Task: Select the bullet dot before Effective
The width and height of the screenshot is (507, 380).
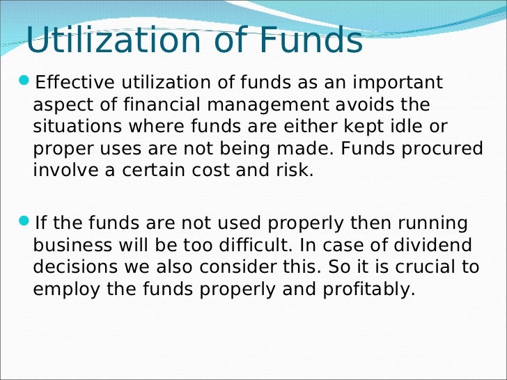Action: coord(26,82)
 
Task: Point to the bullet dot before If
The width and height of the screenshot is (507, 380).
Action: coord(26,222)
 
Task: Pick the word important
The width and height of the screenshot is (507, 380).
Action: coord(396,83)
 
